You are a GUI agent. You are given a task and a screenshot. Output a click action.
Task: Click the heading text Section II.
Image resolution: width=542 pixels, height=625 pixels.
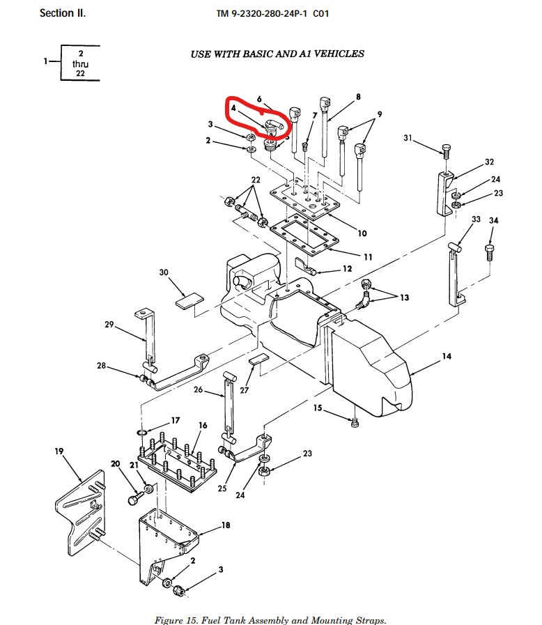(63, 13)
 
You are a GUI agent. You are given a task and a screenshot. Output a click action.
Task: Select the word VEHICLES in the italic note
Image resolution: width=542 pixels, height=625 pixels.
(339, 54)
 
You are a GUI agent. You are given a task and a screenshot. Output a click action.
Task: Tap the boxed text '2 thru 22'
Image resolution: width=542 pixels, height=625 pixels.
(81, 63)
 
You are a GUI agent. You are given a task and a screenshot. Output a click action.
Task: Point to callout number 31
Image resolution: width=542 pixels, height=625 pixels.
(408, 139)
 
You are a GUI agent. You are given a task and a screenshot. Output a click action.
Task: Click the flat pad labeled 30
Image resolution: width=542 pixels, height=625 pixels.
(189, 300)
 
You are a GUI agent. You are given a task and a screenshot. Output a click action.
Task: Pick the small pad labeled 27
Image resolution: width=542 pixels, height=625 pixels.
(258, 360)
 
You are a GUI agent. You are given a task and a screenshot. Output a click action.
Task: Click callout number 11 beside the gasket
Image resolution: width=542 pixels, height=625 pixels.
(368, 257)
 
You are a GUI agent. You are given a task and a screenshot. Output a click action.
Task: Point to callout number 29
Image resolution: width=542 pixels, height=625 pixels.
(109, 323)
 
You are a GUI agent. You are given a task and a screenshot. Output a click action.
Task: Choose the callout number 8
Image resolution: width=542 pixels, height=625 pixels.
(358, 97)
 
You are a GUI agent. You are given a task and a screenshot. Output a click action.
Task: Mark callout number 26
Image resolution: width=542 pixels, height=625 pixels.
(199, 389)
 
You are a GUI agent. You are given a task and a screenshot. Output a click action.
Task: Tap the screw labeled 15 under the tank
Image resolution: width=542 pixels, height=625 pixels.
(355, 420)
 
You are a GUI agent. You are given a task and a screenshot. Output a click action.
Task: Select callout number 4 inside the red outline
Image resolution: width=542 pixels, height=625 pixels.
(234, 109)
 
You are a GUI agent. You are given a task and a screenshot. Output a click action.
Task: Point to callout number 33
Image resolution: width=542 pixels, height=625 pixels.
(476, 219)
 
